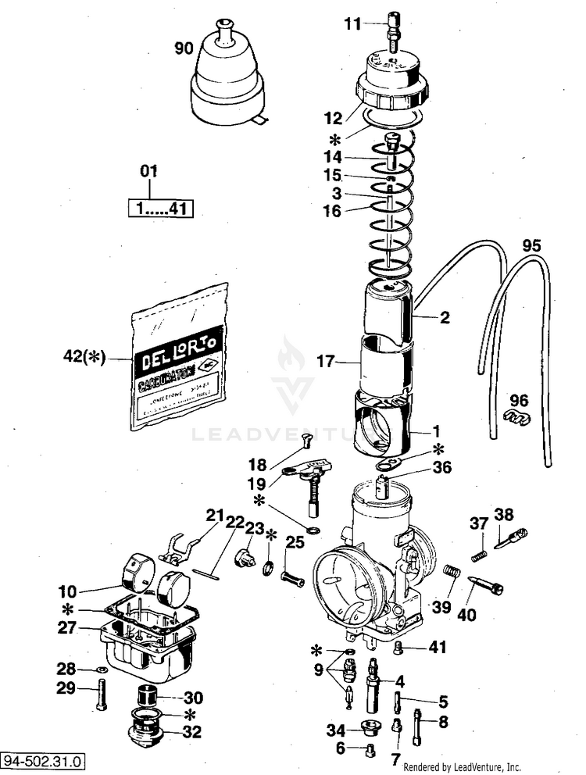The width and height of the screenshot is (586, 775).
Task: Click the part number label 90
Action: pyautogui.click(x=183, y=48)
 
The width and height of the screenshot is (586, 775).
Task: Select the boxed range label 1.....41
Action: pyautogui.click(x=160, y=209)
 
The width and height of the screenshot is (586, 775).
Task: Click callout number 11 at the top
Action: pyautogui.click(x=353, y=24)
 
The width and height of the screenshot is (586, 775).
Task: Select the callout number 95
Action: pyautogui.click(x=531, y=245)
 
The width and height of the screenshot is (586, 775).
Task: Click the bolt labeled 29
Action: pyautogui.click(x=102, y=694)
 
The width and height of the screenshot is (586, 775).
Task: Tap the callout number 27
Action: pyautogui.click(x=66, y=627)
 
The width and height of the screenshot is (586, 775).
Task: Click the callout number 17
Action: pyautogui.click(x=325, y=361)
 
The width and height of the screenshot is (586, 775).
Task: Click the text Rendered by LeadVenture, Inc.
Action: pyautogui.click(x=462, y=767)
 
